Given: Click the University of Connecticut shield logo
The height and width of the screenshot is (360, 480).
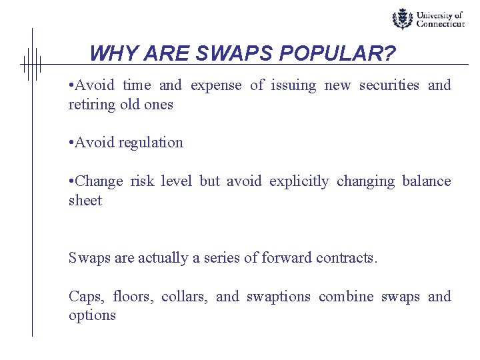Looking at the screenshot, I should (402, 19).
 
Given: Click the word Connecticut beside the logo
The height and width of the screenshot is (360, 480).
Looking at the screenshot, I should (440, 23).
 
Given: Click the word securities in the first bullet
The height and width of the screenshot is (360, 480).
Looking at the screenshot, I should (389, 85).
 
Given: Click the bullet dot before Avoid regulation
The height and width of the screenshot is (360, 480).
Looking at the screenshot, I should (71, 143).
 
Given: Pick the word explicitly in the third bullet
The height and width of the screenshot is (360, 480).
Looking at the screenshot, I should (299, 181).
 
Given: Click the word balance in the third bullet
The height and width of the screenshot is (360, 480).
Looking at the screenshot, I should (427, 181).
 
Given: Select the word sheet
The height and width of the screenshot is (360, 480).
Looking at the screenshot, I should (85, 201).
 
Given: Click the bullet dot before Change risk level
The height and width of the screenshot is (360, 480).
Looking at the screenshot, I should (71, 181).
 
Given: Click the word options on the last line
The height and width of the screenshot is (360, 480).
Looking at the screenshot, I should (92, 316).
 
